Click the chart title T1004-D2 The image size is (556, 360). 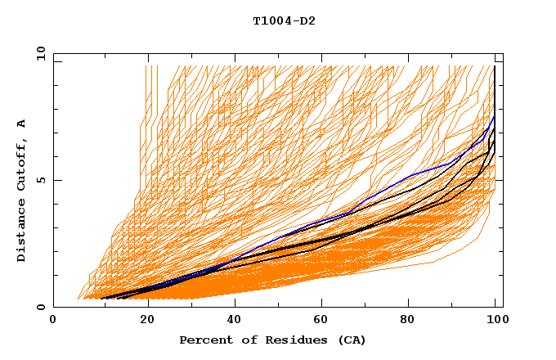284,20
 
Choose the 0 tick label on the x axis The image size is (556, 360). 54,321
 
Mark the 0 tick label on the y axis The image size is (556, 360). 41,308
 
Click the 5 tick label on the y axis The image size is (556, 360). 41,181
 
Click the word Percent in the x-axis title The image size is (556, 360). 204,340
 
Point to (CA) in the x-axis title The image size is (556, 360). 352,340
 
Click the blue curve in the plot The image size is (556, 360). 392,185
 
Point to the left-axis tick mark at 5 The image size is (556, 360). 56,180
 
